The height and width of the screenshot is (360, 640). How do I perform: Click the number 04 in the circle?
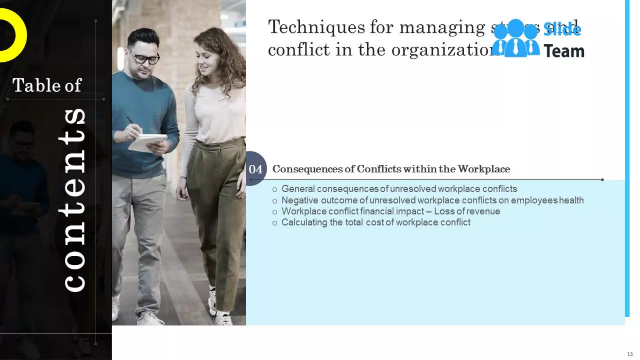tap(255, 169)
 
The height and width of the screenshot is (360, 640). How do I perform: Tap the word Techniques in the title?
tap(316, 27)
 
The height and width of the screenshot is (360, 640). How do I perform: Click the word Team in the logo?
tap(564, 51)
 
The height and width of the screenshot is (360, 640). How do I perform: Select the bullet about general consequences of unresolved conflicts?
tap(399, 189)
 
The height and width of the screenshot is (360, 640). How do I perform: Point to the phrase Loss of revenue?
tap(467, 211)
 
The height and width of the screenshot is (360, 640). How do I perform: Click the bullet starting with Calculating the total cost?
tap(376, 222)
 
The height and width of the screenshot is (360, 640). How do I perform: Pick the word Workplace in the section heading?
tap(484, 169)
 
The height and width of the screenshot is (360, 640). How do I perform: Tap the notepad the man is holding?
tap(147, 142)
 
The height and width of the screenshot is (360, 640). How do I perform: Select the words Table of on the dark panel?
tap(47, 85)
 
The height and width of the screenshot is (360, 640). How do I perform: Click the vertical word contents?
tap(74, 200)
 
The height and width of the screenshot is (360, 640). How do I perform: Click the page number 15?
tap(630, 354)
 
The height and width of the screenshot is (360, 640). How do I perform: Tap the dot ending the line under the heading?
tap(602, 180)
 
